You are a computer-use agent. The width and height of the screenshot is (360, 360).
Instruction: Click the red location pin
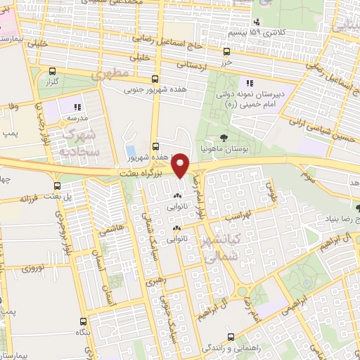[x=181, y=165]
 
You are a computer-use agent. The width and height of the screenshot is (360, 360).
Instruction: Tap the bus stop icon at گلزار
[x=53, y=71]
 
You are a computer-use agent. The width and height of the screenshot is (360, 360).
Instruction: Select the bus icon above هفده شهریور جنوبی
[x=155, y=78]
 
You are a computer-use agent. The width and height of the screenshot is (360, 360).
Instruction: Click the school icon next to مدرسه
[x=78, y=107]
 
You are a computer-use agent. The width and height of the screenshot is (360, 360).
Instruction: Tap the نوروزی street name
[x=32, y=268]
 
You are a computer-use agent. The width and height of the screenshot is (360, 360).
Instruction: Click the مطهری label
[x=116, y=72]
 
